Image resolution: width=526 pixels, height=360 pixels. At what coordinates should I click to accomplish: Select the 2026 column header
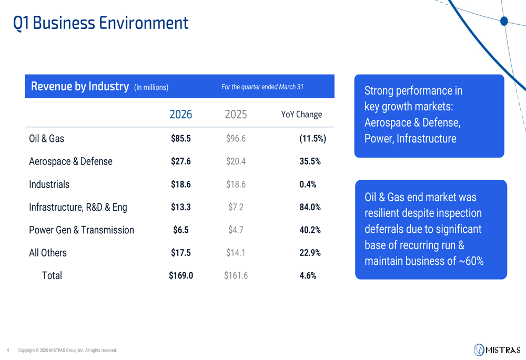pos(181,115)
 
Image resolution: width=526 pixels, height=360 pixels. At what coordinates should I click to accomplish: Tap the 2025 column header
pos(236,115)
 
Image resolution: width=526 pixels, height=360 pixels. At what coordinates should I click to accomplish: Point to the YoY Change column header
pos(301,115)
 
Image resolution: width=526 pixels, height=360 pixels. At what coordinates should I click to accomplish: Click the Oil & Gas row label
pos(46,138)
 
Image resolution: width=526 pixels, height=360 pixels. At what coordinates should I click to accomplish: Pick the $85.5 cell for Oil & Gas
pos(181,138)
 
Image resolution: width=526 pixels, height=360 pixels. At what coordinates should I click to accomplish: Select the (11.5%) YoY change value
pos(312,138)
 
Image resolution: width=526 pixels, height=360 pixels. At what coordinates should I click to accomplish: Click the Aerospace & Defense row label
pos(70,161)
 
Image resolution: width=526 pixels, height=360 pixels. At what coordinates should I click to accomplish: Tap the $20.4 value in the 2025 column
pos(236,161)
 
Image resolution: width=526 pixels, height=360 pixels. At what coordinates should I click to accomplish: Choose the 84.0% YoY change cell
pos(310,207)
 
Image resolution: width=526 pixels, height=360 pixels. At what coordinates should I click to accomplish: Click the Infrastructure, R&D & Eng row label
pos(78,207)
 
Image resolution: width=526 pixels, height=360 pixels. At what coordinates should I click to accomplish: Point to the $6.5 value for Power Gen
pos(181,230)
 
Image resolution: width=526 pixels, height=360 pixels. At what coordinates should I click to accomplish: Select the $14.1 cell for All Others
pos(236,253)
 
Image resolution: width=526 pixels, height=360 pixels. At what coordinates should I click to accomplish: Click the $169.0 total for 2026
pos(181,275)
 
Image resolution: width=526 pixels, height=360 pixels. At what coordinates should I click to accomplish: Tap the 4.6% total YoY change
pos(308,275)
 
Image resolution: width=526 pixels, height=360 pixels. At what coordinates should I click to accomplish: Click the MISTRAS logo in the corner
pos(497,350)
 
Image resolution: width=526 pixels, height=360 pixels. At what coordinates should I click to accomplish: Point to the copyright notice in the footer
pos(67,351)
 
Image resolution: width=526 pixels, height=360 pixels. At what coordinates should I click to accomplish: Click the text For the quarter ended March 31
pos(262,87)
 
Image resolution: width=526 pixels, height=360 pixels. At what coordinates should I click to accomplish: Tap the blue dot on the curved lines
pos(504,21)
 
